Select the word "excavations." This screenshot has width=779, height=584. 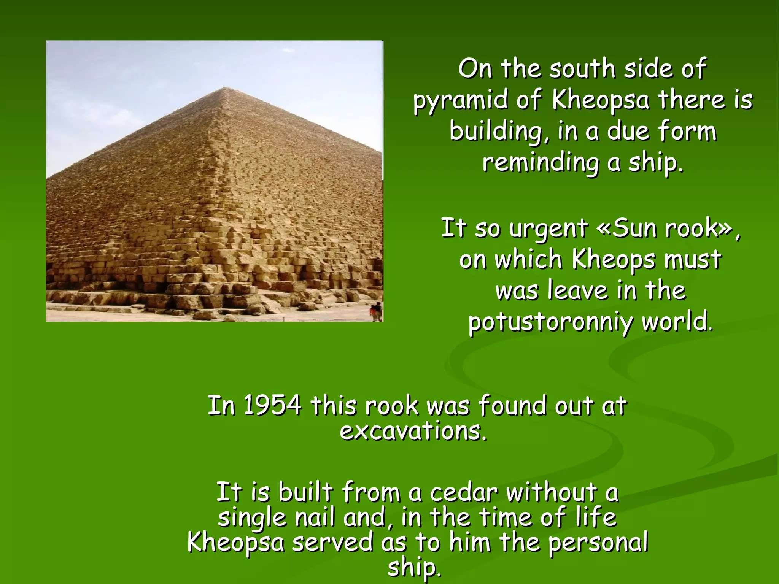click(413, 432)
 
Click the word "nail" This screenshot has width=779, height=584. click(315, 518)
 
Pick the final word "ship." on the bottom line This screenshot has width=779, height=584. click(414, 568)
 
